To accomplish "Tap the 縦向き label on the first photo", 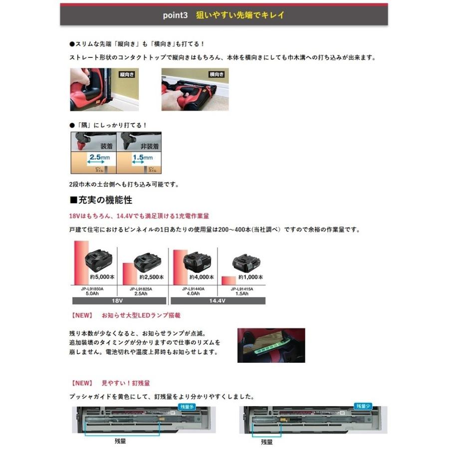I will (x=127, y=74).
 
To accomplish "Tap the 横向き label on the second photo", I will (x=217, y=74).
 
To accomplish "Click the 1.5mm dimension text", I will (x=142, y=157).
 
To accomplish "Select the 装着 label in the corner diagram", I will (x=106, y=147).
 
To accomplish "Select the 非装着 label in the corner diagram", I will (x=149, y=147).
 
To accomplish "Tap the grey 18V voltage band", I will (x=119, y=301).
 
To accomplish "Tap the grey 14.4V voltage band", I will (x=218, y=301).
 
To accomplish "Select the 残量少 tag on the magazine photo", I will (x=362, y=407).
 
